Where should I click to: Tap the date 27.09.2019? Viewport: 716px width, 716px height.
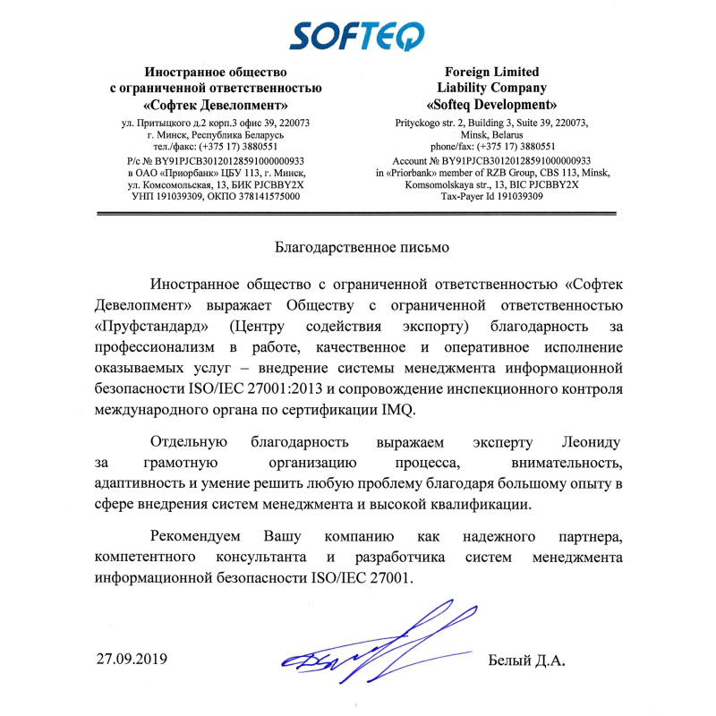[x=132, y=661]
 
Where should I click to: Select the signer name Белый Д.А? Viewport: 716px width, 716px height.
[x=528, y=661]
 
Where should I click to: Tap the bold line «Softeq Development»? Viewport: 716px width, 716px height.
[x=493, y=104]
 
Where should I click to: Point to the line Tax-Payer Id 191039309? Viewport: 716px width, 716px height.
[x=493, y=196]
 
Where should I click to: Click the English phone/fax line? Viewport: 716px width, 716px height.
[x=493, y=146]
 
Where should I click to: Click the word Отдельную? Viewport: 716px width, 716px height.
[x=190, y=442]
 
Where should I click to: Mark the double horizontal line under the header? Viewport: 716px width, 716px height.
[x=358, y=215]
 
